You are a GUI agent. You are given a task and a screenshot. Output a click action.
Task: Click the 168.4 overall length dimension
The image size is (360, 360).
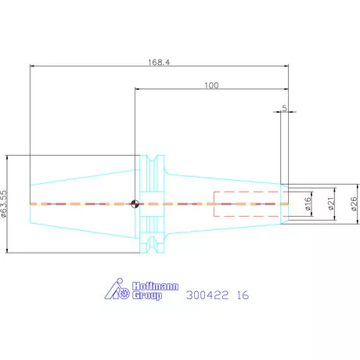click(x=159, y=63)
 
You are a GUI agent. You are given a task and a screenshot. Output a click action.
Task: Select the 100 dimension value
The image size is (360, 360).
click(x=211, y=85)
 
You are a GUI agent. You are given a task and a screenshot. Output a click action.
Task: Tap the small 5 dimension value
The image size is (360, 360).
click(x=284, y=108)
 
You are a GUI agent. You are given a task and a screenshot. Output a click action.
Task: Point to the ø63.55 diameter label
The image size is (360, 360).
click(x=3, y=203)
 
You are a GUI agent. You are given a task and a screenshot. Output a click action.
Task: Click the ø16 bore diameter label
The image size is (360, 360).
click(x=308, y=203)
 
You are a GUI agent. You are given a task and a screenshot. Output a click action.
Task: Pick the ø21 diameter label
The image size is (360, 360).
click(x=331, y=203)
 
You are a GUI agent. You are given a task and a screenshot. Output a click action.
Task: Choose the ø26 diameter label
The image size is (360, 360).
click(x=354, y=203)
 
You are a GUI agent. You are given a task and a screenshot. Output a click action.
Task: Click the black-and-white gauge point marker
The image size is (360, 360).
click(x=135, y=203)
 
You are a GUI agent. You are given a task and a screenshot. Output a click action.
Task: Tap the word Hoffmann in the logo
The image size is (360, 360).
click(x=155, y=286)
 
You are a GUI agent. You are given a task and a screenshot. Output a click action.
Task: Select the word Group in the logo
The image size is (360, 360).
click(x=147, y=296)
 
